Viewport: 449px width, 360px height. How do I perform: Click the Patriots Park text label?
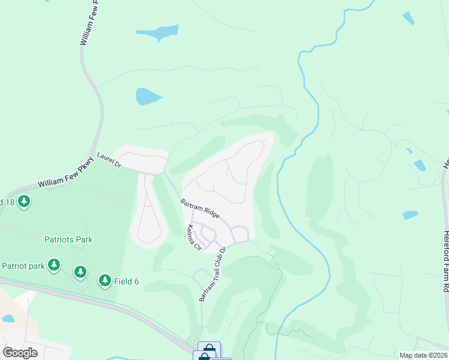(68, 239)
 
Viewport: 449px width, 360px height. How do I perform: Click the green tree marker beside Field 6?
(105, 280)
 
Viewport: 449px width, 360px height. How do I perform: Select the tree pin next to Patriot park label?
(54, 265)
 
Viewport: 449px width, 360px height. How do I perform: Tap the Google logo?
(20, 352)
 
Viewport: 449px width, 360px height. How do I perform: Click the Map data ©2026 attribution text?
(423, 355)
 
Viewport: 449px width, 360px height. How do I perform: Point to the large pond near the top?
(157, 32)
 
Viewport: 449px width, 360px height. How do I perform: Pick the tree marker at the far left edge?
(24, 202)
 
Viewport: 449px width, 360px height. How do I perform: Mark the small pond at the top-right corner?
(408, 18)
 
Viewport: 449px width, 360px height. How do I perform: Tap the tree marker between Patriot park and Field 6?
(80, 273)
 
